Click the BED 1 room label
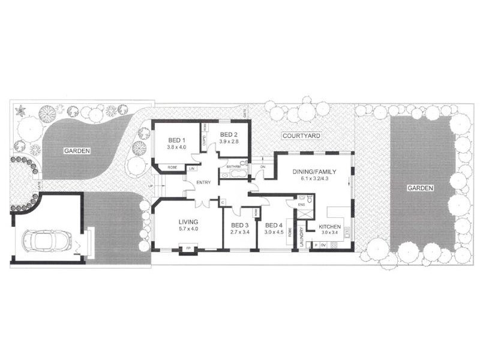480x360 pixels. tap(176, 139)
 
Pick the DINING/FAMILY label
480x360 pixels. tap(314, 172)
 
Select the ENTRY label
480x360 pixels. tap(203, 183)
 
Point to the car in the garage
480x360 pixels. tap(45, 242)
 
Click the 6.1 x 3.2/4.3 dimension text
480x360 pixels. tap(314, 179)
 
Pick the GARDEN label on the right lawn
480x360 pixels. tap(421, 188)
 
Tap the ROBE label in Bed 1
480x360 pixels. tap(172, 167)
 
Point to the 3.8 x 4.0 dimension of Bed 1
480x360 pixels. tap(176, 146)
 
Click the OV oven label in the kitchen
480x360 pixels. tap(323, 245)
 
